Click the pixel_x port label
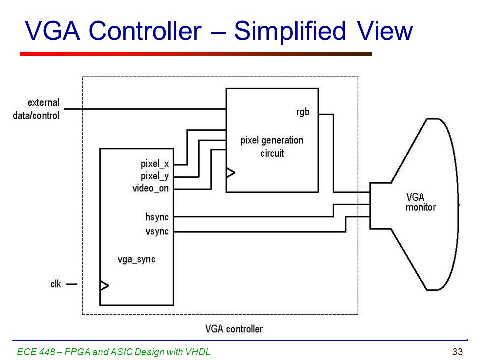[155, 164]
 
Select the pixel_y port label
[155, 176]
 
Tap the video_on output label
[150, 188]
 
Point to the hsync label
[157, 217]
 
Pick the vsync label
[157, 231]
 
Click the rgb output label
[303, 112]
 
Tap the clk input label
[55, 284]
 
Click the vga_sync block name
[137, 259]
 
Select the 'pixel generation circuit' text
[272, 147]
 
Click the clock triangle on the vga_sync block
[104, 286]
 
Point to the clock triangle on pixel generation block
[231, 173]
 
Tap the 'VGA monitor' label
[420, 202]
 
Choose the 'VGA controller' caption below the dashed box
[234, 329]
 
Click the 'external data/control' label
[36, 109]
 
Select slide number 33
[457, 352]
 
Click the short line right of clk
[72, 284]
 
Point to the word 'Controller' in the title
[145, 31]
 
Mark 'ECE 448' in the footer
[36, 352]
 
